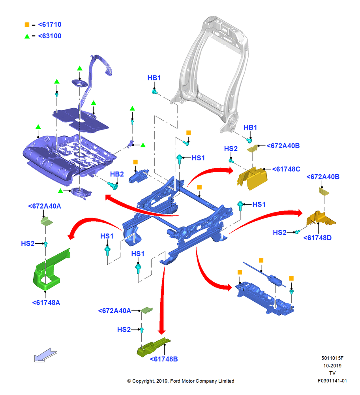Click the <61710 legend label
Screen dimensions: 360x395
coord(50,24)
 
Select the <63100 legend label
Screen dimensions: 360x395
coord(50,36)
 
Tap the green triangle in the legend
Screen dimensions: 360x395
coord(27,36)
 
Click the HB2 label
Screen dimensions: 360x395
coord(117,174)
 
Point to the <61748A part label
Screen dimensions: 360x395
coord(46,303)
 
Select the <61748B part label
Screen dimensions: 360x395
coord(164,359)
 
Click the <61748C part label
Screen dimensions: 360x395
coord(286,169)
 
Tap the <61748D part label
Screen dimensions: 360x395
coord(317,238)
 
